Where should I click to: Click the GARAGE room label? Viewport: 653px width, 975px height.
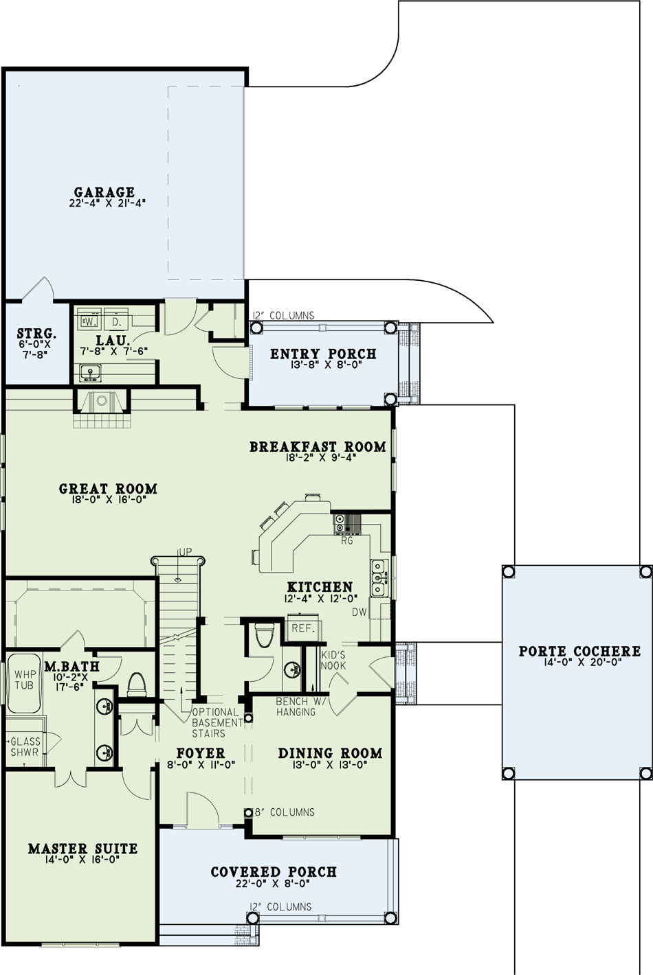click(104, 192)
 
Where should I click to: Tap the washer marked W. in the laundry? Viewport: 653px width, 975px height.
click(90, 321)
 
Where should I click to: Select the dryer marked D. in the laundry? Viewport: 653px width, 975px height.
click(115, 321)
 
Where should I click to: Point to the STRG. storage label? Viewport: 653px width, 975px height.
click(36, 334)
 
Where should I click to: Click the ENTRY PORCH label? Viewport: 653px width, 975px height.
click(323, 354)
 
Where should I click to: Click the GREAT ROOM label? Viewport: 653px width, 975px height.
click(108, 489)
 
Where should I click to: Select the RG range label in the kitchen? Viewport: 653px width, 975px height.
click(347, 541)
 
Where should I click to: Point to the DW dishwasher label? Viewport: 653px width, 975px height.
click(359, 612)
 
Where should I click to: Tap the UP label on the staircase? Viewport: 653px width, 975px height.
click(185, 552)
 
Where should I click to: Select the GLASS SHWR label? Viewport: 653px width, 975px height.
click(24, 747)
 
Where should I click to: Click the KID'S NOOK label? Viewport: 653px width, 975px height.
click(333, 661)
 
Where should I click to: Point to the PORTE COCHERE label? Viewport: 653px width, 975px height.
click(579, 652)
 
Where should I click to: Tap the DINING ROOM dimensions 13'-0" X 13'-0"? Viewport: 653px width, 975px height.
click(330, 764)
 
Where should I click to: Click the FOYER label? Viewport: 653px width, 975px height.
click(201, 753)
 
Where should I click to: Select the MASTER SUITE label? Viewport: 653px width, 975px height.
click(82, 849)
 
